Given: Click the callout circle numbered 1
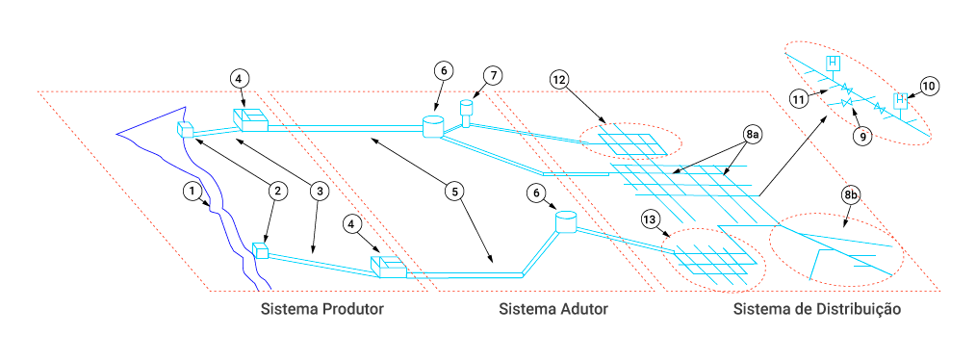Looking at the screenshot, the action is (x=193, y=190).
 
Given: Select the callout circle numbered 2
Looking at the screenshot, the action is (x=277, y=192).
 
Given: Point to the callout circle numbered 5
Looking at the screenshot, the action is (x=455, y=192).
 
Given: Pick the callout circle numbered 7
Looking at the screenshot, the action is (x=493, y=76).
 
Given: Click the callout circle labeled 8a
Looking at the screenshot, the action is (x=752, y=135).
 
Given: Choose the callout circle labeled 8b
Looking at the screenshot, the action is (x=851, y=195).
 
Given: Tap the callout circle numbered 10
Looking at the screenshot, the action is (x=929, y=87).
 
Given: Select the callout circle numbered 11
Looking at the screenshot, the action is (x=800, y=98).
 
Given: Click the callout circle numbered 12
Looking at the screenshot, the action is (x=559, y=79).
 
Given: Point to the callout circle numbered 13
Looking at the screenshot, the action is (x=650, y=219).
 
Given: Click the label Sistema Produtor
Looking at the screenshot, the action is (x=321, y=309).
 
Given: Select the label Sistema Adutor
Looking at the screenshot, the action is (x=552, y=309).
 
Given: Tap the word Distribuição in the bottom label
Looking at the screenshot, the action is (x=860, y=309).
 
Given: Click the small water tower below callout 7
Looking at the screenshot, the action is (x=468, y=111).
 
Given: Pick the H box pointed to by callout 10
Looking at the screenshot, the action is (x=900, y=100).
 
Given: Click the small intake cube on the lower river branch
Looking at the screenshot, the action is (x=260, y=250).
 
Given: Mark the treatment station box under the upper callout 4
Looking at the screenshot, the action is (x=249, y=119).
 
